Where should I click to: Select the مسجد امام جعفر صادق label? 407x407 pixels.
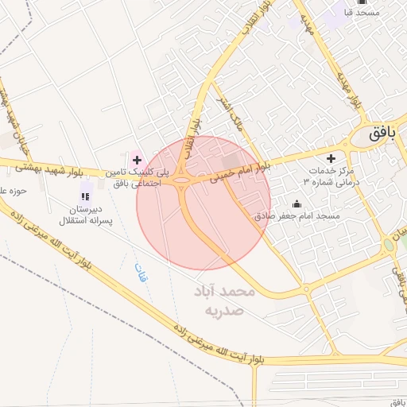[x=297, y=215]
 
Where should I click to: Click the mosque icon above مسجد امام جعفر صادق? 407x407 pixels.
[x=297, y=203]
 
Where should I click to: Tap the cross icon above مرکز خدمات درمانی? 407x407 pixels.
[x=331, y=158]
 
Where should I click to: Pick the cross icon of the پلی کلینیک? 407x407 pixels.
[x=137, y=161]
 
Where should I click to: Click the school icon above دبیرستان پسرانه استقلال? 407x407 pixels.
[x=86, y=196]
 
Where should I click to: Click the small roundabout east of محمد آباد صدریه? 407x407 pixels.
[x=307, y=289]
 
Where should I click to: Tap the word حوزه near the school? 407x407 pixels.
[x=14, y=190]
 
